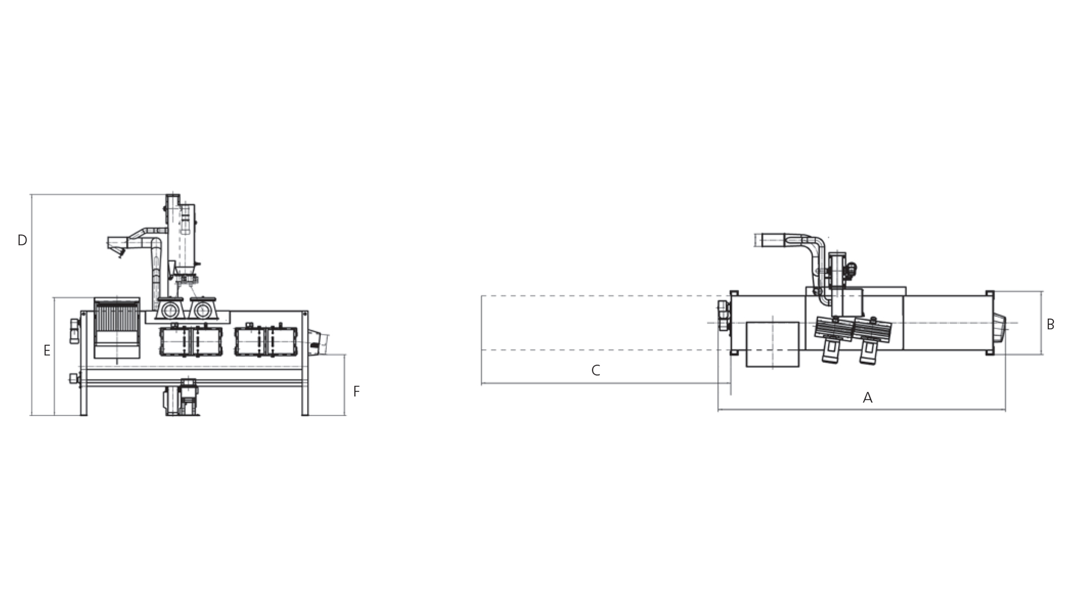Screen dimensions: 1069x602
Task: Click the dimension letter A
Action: (867, 397)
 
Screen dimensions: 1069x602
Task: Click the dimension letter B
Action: (1050, 324)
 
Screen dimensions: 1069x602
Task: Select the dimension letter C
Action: (596, 370)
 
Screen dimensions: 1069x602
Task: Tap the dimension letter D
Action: (22, 240)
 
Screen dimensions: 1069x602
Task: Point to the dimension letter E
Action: (47, 351)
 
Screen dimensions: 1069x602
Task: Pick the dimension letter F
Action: (356, 391)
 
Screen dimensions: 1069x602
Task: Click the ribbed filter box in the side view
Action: (117, 328)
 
